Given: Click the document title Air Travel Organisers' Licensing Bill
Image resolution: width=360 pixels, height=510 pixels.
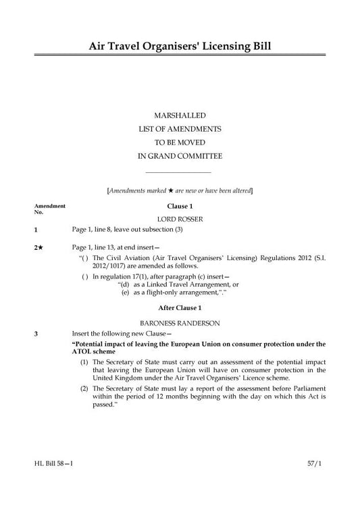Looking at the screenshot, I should (x=180, y=46).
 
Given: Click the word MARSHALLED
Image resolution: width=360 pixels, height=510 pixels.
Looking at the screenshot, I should (x=180, y=116).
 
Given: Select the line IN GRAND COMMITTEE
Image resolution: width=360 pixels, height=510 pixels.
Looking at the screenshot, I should (x=180, y=156).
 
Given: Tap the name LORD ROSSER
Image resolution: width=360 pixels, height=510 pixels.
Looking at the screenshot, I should (x=180, y=219).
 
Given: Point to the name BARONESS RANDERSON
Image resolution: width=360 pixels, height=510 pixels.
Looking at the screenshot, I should (x=180, y=323).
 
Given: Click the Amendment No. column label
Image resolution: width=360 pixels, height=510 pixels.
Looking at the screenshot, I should (x=49, y=208).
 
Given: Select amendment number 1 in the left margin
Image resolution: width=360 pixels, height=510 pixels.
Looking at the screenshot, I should (x=36, y=230).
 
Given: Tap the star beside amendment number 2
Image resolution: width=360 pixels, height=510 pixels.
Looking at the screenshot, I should (x=41, y=247).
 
